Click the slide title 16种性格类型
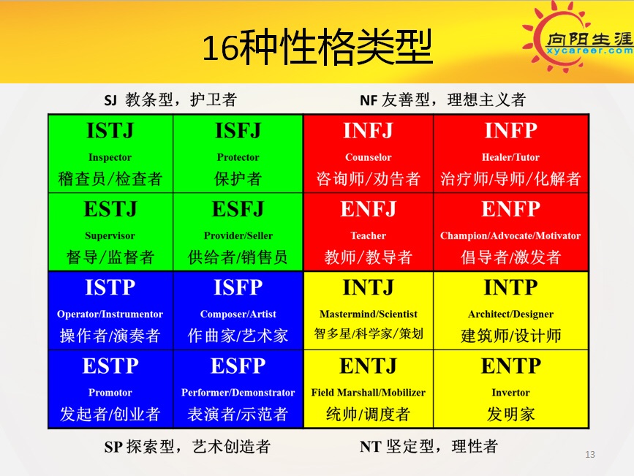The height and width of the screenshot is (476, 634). pos(317,47)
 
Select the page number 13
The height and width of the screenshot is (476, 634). pos(590,455)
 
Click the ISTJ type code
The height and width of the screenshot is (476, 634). pos(110,131)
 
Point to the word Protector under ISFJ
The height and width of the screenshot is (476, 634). pos(238,157)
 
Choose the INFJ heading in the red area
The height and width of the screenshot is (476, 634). pos(368,131)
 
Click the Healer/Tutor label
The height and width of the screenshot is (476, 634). pos(510,157)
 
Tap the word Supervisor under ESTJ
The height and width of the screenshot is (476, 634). pos(110,235)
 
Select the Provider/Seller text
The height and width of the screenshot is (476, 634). pos(238,235)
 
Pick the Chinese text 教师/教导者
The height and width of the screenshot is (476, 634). pos(368,257)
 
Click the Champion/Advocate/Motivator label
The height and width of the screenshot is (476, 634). pos(510,235)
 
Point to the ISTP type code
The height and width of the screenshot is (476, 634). pos(110,287)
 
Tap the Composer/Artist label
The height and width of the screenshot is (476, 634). pos(238,314)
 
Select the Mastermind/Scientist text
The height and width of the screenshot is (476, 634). pos(369,314)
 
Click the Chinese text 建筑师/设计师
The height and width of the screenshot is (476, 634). pos(510,336)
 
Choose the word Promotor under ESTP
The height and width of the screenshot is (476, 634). pos(110,393)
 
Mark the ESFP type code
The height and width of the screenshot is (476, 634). pos(238,366)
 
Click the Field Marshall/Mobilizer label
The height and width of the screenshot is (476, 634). pos(369,393)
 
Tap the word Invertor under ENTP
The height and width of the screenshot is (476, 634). pos(510,393)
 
